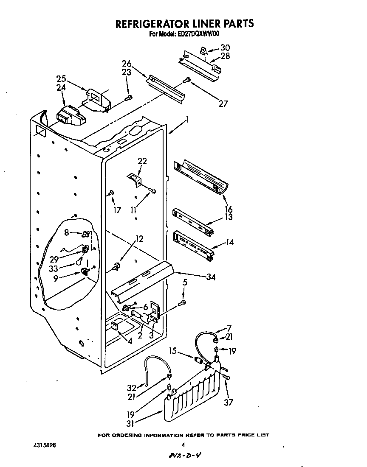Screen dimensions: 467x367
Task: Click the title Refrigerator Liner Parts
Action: [185, 24]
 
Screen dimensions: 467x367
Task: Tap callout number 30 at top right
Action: [225, 48]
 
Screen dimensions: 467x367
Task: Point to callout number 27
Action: [223, 103]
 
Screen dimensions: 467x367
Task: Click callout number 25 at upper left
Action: [62, 79]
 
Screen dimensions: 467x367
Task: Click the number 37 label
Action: [229, 402]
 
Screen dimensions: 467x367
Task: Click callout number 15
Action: [172, 351]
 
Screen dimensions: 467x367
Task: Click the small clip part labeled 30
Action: [203, 51]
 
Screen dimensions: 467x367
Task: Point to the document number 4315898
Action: [44, 446]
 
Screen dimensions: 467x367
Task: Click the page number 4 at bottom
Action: [183, 445]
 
